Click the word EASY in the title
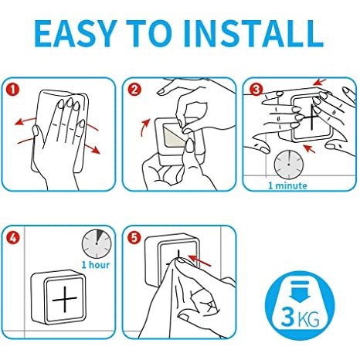tap(76, 33)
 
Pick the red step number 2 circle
tap(134, 90)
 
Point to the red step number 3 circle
tap(256, 90)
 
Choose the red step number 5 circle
tap(134, 238)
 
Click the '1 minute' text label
tap(287, 185)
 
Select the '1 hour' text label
tap(96, 265)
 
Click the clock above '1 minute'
tap(289, 165)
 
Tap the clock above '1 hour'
tap(97, 243)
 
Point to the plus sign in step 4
tap(65, 299)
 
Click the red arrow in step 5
tap(199, 260)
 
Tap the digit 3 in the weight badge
tap(287, 317)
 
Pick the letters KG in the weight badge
tap(308, 319)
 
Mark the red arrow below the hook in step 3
tap(310, 149)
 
